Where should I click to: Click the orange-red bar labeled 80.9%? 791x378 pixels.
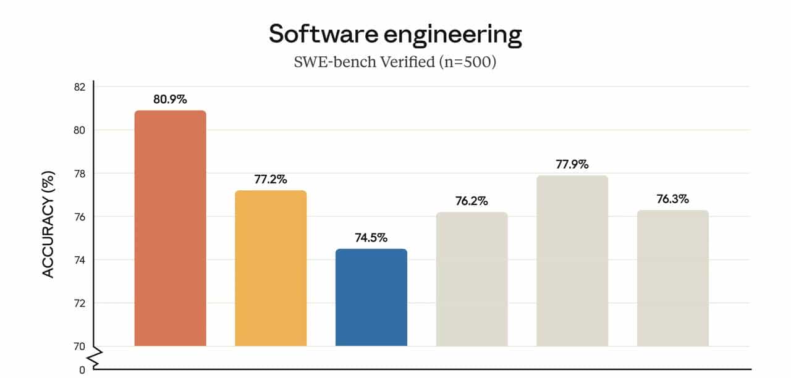click(x=170, y=228)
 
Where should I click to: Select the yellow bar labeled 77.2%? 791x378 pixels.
click(x=271, y=268)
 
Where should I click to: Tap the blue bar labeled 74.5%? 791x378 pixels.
click(x=371, y=297)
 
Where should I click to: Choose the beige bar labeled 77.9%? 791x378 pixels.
click(x=572, y=261)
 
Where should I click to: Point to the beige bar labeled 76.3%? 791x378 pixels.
click(x=672, y=278)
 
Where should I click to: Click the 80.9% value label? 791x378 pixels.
click(x=170, y=99)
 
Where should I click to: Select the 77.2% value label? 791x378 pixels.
click(x=271, y=179)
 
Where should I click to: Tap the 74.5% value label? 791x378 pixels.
click(x=371, y=238)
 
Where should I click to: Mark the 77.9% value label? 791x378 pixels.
click(x=572, y=164)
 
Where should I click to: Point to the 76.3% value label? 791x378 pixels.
click(x=672, y=199)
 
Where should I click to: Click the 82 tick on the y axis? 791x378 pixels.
click(x=79, y=86)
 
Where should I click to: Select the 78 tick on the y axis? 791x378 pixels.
click(x=79, y=174)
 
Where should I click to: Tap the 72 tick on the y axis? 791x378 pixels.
click(x=79, y=303)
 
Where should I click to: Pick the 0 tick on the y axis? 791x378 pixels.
click(x=82, y=370)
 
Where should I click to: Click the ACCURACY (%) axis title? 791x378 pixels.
click(x=48, y=225)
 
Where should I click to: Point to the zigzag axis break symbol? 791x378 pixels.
click(x=95, y=357)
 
